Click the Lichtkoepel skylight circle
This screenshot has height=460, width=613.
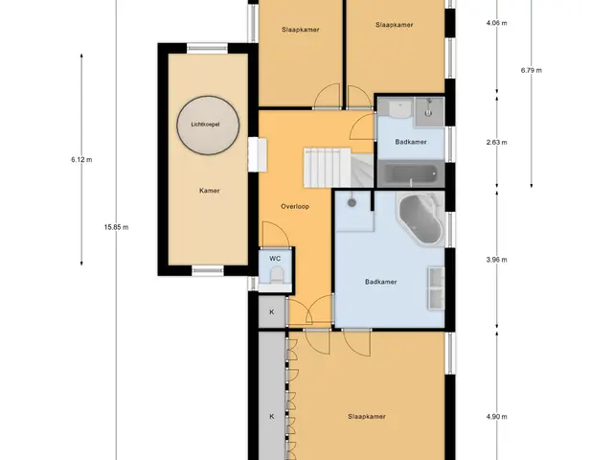[x=208, y=126]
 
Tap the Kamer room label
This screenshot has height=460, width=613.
[x=210, y=191]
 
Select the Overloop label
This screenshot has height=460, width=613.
[x=295, y=207]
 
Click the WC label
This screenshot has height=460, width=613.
[x=275, y=259]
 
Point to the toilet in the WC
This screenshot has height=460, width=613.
[x=277, y=275]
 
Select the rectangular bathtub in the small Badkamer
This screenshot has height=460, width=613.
[x=411, y=174]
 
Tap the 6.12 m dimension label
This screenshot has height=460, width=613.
[x=81, y=160]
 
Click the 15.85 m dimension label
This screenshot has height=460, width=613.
[x=116, y=227]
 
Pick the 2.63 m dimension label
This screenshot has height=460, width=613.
[x=497, y=143]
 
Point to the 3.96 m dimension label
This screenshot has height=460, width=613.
[x=497, y=260]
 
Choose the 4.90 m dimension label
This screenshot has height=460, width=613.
[x=497, y=417]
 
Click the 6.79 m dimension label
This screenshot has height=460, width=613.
[x=532, y=70]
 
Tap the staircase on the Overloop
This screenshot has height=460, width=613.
[x=338, y=168]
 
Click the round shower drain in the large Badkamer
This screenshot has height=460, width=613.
[x=352, y=202]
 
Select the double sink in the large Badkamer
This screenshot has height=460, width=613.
[x=437, y=288]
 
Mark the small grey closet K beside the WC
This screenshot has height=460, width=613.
[x=272, y=311]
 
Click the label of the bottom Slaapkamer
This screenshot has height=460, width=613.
[x=367, y=417]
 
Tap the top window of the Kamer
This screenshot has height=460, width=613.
[x=207, y=49]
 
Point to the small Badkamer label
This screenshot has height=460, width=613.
[x=411, y=142]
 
